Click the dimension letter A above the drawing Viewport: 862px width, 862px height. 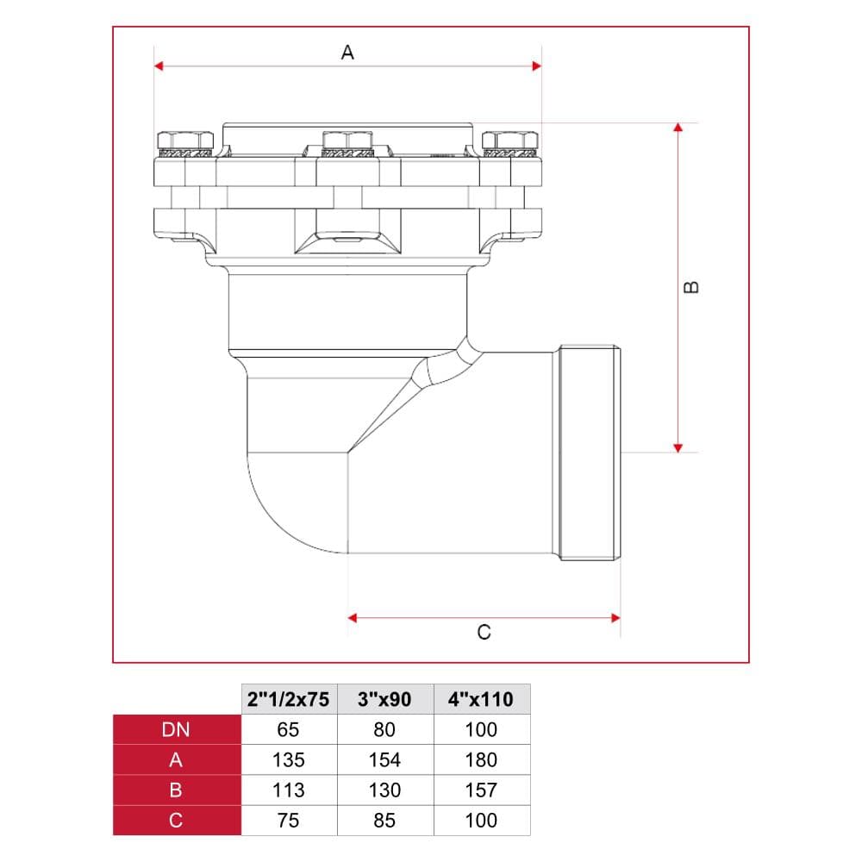[x=347, y=53]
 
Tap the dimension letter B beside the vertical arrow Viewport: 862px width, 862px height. [x=691, y=287]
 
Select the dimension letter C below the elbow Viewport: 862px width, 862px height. [x=484, y=632]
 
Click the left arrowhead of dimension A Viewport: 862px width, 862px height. [x=159, y=66]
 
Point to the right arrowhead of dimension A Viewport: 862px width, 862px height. [x=537, y=66]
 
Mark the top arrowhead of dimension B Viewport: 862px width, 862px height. [x=678, y=127]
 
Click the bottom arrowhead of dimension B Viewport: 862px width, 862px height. [x=678, y=448]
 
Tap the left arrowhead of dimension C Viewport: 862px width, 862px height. [x=353, y=618]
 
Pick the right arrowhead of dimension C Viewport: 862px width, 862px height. [x=615, y=618]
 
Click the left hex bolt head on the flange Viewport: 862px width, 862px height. [x=185, y=141]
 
